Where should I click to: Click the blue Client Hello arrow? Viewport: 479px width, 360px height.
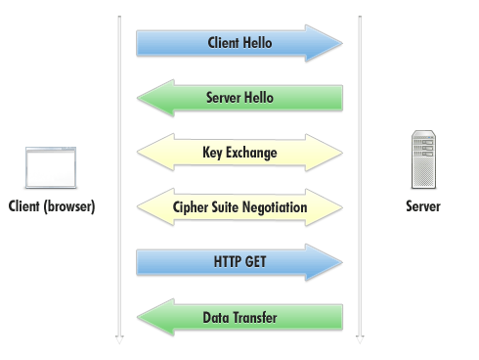click(x=239, y=43)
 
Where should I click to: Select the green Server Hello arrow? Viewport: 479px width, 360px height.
click(x=239, y=98)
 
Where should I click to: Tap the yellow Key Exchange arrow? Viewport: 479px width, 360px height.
click(x=239, y=153)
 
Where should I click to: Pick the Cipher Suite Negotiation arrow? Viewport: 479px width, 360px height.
click(x=239, y=207)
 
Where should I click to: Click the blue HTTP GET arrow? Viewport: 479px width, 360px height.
click(x=239, y=262)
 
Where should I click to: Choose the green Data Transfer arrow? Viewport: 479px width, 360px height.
click(x=239, y=318)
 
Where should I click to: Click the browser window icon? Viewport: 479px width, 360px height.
click(x=51, y=167)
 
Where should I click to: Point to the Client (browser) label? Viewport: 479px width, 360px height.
click(x=51, y=206)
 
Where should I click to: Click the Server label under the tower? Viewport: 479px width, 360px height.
click(x=423, y=206)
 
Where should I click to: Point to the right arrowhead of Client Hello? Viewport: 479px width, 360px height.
click(x=332, y=43)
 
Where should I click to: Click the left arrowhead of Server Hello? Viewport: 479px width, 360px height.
click(x=147, y=98)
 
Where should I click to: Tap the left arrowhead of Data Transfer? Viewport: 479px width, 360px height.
click(x=147, y=318)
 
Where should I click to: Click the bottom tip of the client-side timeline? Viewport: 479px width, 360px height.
click(x=119, y=339)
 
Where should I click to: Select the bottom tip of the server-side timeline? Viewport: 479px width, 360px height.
click(x=360, y=339)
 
